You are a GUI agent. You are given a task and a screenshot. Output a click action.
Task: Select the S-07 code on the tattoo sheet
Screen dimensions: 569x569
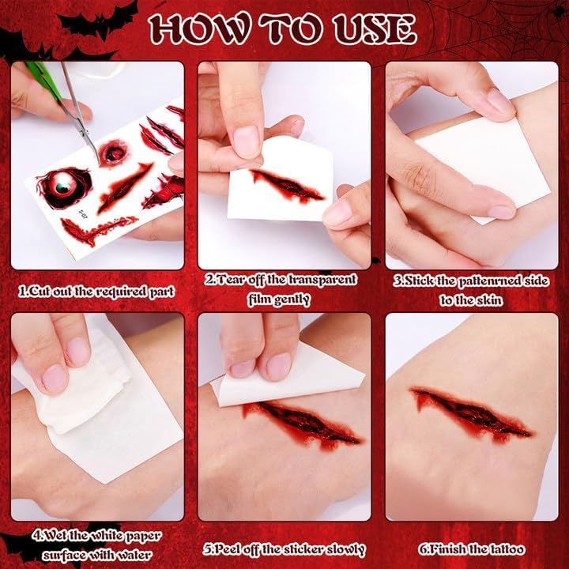click(x=84, y=214)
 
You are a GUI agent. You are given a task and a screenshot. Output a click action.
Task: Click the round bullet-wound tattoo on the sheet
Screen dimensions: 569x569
click(x=114, y=153)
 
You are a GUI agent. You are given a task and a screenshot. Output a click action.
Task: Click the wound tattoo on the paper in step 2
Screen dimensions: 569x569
click(x=288, y=186)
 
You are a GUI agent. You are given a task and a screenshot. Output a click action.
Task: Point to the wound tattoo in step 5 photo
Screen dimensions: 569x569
click(x=301, y=424)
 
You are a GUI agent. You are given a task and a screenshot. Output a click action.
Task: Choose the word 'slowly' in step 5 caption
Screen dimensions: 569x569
click(x=346, y=550)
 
